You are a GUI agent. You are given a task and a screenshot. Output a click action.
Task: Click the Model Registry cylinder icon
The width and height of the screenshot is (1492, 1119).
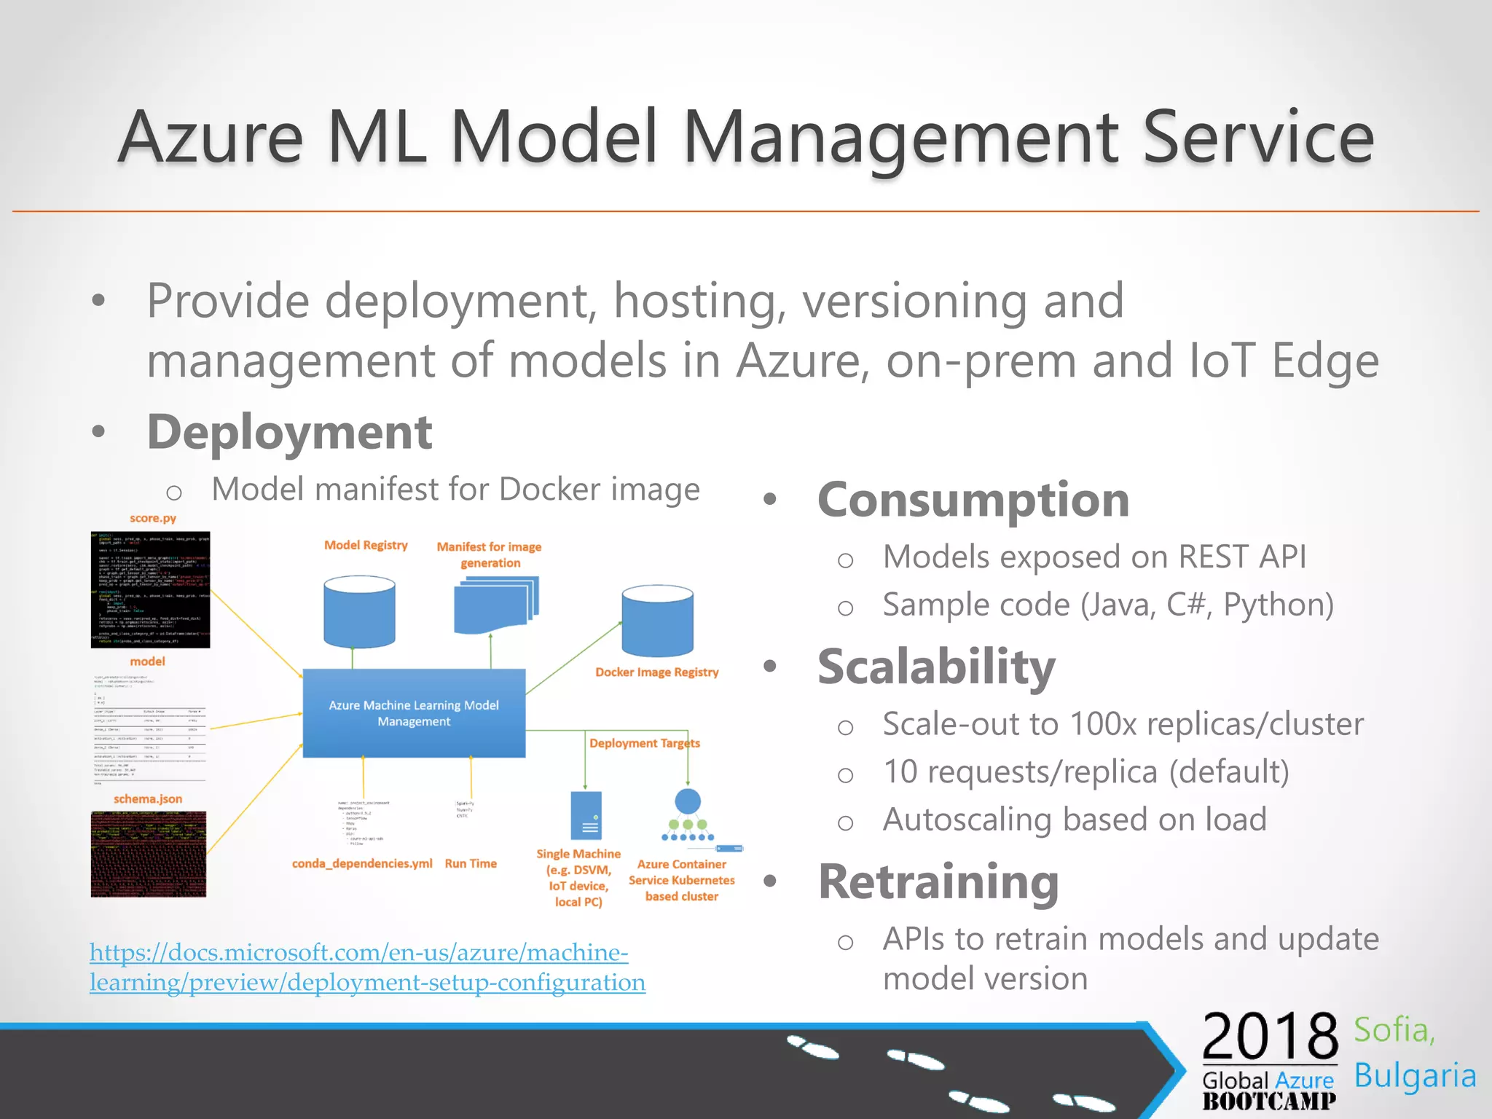359,612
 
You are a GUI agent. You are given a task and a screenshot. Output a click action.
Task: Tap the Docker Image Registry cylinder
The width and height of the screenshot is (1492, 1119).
657,621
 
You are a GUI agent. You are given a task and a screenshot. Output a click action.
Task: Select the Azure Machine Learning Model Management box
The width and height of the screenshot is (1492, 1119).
414,713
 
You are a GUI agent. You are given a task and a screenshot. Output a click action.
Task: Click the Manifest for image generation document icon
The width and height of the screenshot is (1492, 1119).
495,605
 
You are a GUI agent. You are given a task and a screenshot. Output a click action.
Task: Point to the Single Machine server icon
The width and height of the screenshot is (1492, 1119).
586,816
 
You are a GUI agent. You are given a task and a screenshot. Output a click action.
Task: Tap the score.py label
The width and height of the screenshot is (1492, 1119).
153,518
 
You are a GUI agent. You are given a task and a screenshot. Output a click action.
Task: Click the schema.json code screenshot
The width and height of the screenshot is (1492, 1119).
149,854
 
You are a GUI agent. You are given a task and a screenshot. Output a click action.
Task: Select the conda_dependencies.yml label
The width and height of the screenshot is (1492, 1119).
362,863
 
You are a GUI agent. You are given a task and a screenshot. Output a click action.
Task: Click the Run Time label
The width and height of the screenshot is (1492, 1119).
471,863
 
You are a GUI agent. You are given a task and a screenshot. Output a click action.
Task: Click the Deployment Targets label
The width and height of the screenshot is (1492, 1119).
644,743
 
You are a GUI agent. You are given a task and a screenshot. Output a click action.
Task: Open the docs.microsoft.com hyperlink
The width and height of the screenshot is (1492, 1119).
366,967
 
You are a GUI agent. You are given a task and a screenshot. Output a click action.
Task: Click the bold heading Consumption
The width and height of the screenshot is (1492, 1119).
973,500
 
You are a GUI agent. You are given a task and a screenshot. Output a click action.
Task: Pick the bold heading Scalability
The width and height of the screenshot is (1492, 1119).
936,667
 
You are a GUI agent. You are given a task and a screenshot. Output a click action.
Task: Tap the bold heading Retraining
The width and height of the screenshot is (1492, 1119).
938,882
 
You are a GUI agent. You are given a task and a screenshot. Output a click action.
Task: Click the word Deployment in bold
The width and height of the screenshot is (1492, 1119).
290,432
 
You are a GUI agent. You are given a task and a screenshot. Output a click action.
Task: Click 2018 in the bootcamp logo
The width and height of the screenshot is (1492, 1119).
1270,1037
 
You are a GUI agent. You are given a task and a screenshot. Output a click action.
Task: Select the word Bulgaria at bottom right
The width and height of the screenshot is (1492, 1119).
1415,1076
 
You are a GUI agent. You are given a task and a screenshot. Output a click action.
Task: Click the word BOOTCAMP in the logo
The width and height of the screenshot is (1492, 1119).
1269,1102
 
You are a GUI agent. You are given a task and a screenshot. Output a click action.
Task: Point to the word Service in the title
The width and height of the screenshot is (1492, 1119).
1258,137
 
